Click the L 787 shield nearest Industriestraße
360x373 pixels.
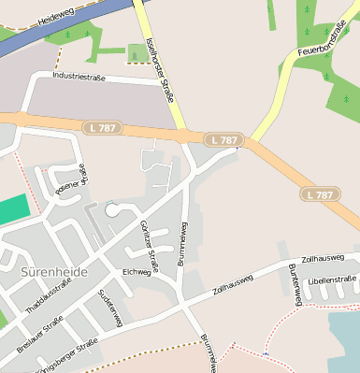click(x=102, y=124)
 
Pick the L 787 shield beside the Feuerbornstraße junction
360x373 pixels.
click(x=224, y=139)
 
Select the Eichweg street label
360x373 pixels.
click(x=137, y=272)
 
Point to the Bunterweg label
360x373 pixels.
click(x=295, y=283)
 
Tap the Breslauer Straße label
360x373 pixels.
click(x=40, y=335)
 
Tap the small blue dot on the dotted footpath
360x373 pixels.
click(x=266, y=353)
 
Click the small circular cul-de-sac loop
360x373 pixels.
click(x=113, y=210)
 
